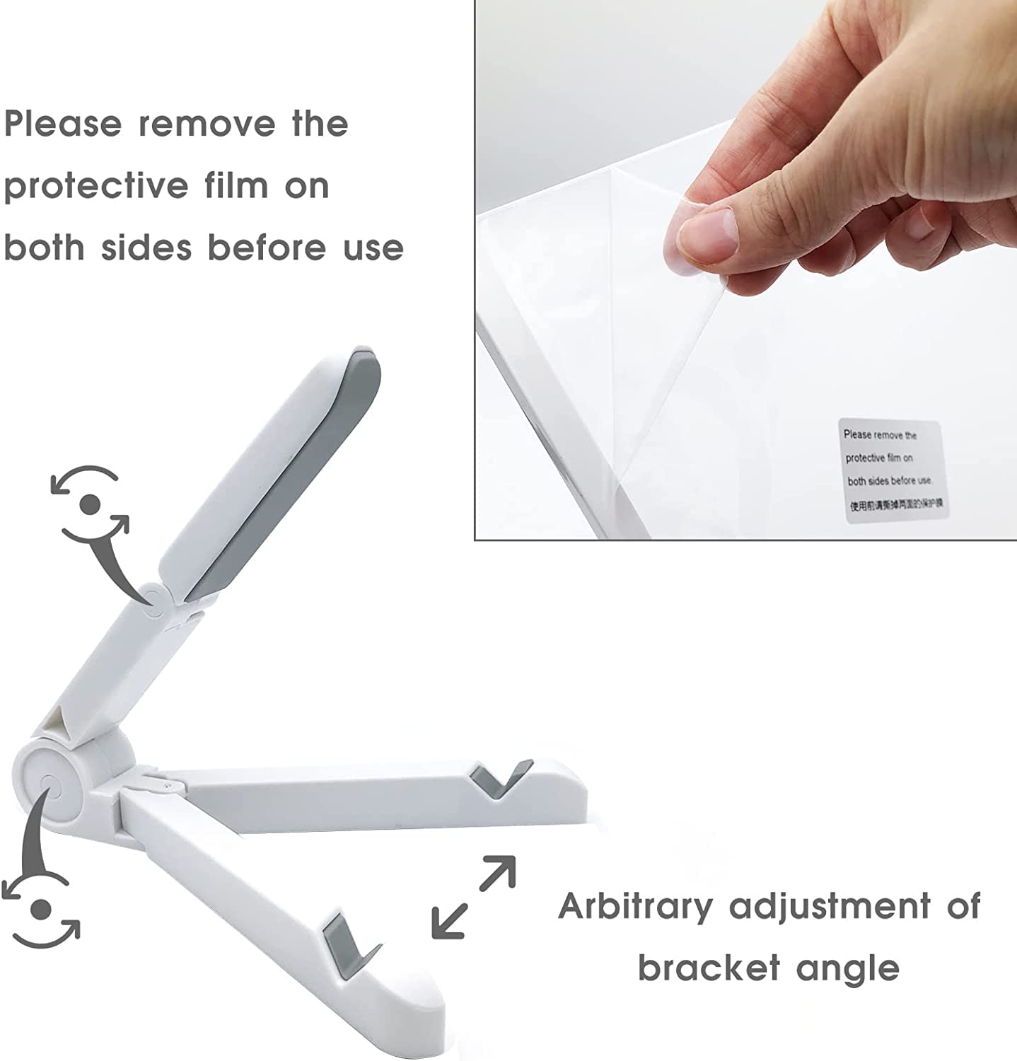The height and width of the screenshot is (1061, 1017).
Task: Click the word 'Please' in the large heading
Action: point(64,124)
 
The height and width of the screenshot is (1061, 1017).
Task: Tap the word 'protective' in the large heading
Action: point(95,187)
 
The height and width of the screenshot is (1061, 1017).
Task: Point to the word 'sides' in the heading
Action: point(146,248)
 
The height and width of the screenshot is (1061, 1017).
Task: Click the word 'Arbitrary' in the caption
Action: point(635,907)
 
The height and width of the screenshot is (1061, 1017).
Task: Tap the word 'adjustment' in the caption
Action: point(830,907)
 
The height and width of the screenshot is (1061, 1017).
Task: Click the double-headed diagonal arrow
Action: point(473,897)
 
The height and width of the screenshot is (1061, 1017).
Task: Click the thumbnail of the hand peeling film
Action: point(745,269)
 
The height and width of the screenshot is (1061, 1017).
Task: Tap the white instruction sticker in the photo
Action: point(893,472)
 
